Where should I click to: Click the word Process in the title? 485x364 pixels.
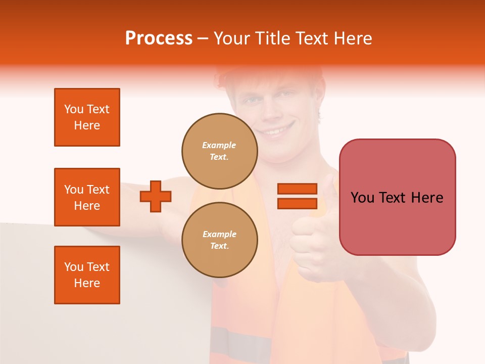click(x=159, y=38)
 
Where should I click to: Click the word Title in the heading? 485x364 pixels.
click(x=271, y=38)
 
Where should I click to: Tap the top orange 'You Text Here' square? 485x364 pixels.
click(x=87, y=117)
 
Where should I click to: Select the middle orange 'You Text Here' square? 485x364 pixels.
click(x=87, y=197)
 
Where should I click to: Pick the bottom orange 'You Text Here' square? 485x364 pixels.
click(x=87, y=275)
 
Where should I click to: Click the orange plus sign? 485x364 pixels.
click(x=156, y=196)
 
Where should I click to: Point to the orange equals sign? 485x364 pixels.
click(x=297, y=196)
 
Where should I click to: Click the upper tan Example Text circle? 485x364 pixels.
click(x=219, y=151)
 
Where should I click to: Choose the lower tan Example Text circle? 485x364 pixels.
click(x=219, y=240)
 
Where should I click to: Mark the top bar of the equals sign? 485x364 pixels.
click(x=297, y=189)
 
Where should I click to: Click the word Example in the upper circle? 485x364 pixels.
click(x=219, y=146)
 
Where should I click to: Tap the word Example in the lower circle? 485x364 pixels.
click(x=219, y=235)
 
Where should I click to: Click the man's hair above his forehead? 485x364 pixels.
click(x=273, y=81)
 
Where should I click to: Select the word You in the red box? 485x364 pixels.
click(x=362, y=198)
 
